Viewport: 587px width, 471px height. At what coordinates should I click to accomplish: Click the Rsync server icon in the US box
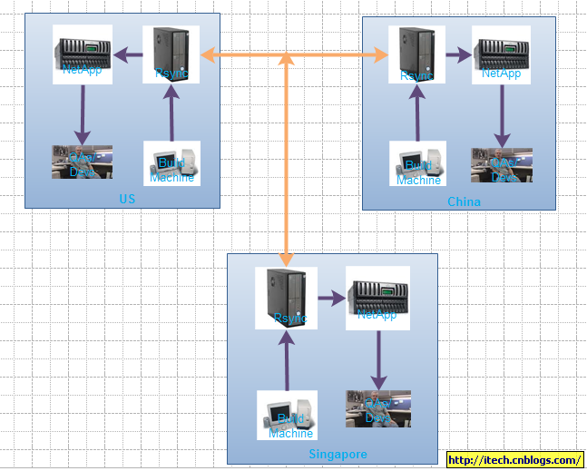pos(171,54)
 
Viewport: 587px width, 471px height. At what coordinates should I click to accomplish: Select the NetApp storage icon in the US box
pos(83,54)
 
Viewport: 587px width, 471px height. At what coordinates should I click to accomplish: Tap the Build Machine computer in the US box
pos(171,163)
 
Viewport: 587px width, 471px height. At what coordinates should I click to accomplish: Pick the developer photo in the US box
pos(82,162)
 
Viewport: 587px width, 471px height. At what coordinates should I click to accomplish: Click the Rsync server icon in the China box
pos(417,54)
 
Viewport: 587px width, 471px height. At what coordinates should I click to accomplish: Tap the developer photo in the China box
pos(501,164)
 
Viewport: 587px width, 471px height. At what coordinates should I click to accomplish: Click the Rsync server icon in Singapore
pos(287,298)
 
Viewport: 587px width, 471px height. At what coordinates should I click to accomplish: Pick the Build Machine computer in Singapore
pos(287,415)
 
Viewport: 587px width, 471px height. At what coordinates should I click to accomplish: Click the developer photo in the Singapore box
pos(378,408)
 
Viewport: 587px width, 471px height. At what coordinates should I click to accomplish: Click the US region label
pos(127,199)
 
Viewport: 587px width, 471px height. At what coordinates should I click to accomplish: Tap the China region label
pos(464,201)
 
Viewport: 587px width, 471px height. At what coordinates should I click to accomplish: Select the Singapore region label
pos(338,454)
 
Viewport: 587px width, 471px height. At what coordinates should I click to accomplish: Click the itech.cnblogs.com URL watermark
pos(514,460)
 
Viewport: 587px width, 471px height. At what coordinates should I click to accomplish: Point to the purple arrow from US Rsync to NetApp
pos(128,55)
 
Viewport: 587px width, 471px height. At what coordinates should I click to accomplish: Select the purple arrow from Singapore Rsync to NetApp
pos(331,298)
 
